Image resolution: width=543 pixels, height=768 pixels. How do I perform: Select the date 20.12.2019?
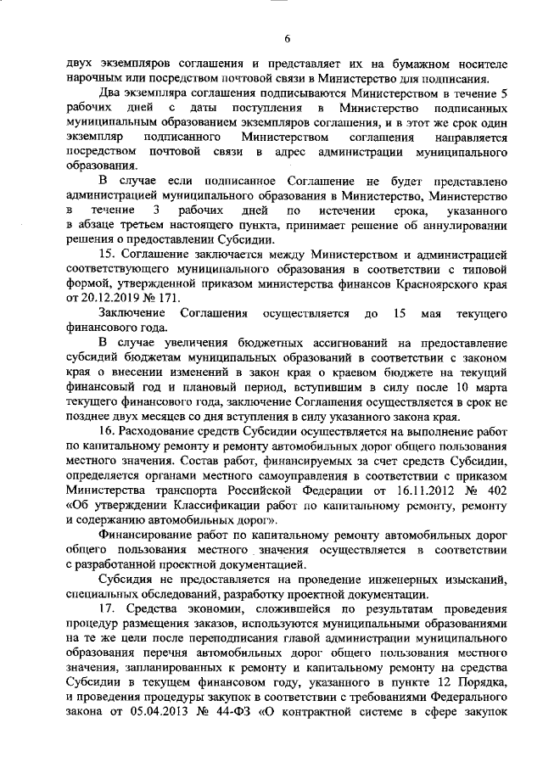tap(104, 298)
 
